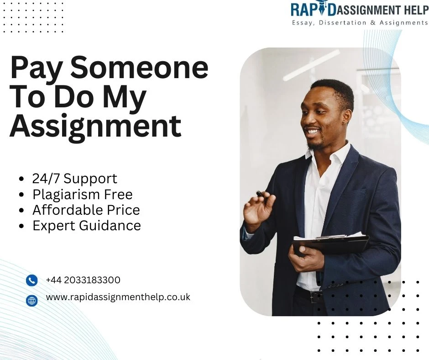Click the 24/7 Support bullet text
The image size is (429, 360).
[74, 178]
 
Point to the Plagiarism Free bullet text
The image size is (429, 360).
[82, 194]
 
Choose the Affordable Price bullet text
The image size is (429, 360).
[86, 210]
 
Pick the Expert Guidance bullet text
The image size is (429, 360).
[87, 225]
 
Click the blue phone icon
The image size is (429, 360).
[31, 281]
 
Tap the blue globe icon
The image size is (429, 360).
[31, 300]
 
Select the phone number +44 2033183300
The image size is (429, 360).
[83, 280]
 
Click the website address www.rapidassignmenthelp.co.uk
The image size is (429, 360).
[118, 297]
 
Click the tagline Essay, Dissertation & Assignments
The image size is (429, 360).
[360, 22]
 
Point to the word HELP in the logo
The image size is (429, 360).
[411, 9]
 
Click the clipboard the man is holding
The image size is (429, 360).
[331, 244]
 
